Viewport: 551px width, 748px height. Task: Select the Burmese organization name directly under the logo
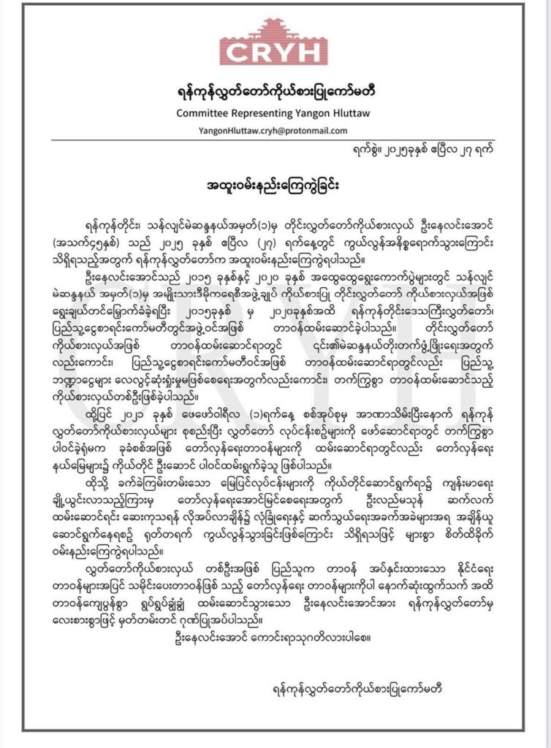(274, 94)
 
